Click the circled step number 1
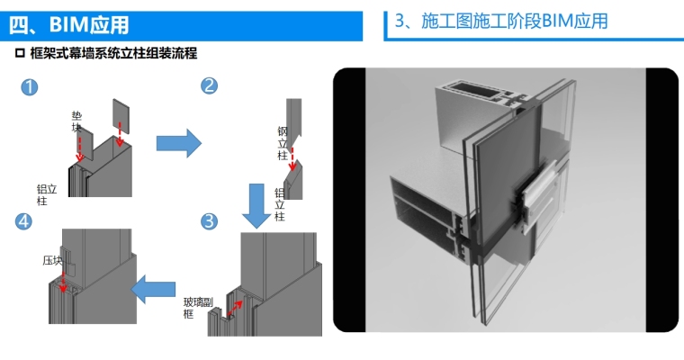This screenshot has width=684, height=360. click(x=30, y=87)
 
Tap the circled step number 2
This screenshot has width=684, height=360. click(x=210, y=85)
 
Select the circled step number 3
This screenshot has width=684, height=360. click(x=209, y=220)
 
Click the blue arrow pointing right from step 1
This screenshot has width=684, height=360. click(x=177, y=142)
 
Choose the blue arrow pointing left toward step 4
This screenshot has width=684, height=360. click(x=153, y=288)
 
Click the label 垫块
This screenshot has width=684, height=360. click(x=77, y=121)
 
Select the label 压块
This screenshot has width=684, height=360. click(x=51, y=261)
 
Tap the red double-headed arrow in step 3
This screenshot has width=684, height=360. click(x=236, y=309)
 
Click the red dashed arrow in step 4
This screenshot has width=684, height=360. click(x=62, y=282)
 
